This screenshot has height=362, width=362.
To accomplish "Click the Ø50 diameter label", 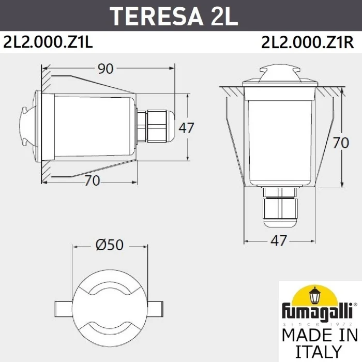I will click(x=110, y=245).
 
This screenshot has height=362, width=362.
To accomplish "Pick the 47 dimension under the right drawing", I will click(x=279, y=241).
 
